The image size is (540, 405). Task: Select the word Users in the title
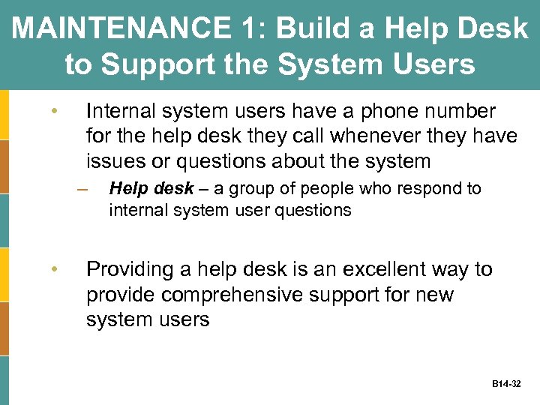[x=430, y=64]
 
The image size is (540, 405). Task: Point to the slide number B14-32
[x=506, y=384]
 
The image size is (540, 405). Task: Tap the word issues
[x=112, y=160]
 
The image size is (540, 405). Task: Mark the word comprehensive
[x=231, y=295]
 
